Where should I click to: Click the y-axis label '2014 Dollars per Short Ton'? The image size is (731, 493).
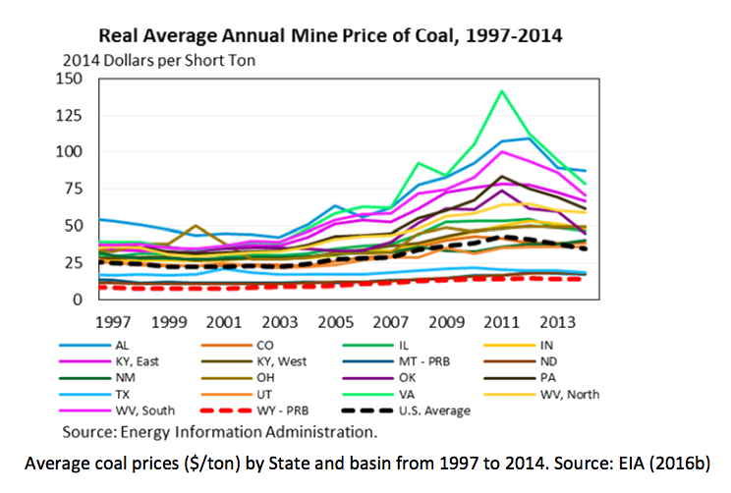click(152, 60)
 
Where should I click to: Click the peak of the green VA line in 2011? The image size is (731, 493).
click(503, 90)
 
